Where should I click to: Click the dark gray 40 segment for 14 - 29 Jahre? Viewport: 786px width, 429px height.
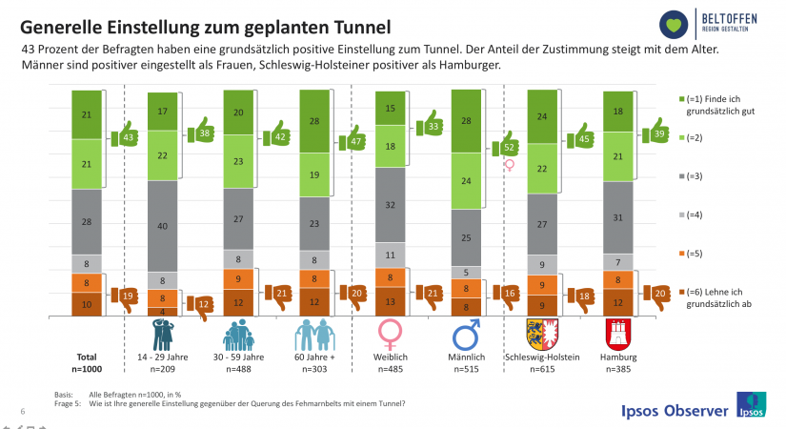[163, 225]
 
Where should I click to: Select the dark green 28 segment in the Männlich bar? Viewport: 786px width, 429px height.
[467, 121]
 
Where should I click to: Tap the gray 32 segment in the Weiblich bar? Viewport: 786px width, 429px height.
[391, 204]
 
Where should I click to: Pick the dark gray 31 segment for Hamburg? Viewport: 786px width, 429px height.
[619, 217]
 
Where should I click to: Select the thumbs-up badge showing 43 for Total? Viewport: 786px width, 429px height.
[127, 139]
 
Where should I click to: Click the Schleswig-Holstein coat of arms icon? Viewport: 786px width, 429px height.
[542, 336]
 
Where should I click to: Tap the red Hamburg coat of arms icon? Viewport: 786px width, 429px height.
[619, 336]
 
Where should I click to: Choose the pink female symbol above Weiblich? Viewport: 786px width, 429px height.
[391, 334]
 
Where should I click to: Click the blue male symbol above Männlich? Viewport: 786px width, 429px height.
[467, 335]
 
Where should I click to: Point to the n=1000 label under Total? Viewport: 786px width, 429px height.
[87, 368]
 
